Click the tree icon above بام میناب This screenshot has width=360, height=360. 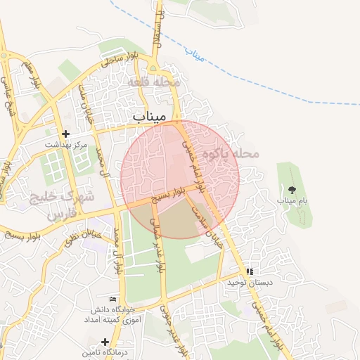pyautogui.click(x=292, y=190)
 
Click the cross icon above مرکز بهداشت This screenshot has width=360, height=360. pyautogui.click(x=66, y=134)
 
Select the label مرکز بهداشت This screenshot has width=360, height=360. pyautogui.click(x=66, y=144)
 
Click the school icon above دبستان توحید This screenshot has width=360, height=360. pyautogui.click(x=249, y=271)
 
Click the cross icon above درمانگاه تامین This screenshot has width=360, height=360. pyautogui.click(x=105, y=341)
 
